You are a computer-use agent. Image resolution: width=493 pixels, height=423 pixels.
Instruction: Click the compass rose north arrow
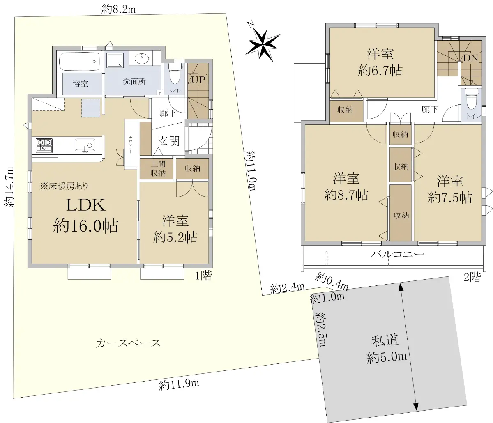pyautogui.click(x=263, y=44)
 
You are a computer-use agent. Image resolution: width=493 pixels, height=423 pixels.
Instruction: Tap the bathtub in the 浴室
pyautogui.click(x=79, y=61)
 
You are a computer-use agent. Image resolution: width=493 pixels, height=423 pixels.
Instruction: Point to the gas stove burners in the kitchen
pyautogui.click(x=44, y=145)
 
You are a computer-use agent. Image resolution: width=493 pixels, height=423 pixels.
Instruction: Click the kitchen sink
pyautogui.click(x=85, y=145)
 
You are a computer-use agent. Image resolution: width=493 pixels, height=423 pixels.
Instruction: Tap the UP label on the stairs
pyautogui.click(x=198, y=80)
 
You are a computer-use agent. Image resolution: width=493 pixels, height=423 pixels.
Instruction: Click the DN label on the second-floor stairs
pyautogui.click(x=470, y=58)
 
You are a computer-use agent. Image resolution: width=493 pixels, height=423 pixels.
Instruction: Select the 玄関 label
pyautogui.click(x=168, y=141)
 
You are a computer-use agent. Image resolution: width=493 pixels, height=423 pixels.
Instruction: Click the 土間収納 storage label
pyautogui.click(x=158, y=168)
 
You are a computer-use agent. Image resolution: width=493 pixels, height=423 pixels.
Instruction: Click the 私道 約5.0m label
pyautogui.click(x=386, y=348)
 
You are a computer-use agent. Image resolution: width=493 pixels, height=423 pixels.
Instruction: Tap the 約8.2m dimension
pyautogui.click(x=119, y=9)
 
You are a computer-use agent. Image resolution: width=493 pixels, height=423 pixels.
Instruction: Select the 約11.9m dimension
pyautogui.click(x=179, y=384)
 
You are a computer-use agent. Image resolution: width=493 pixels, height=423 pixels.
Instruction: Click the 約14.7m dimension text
pyautogui.click(x=9, y=186)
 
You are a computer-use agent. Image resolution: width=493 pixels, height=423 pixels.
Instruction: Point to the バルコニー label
pyautogui.click(x=398, y=254)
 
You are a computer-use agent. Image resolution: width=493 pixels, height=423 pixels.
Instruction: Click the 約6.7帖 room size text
pyautogui.click(x=380, y=70)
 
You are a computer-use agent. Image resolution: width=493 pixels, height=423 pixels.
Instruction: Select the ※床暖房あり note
pyautogui.click(x=64, y=186)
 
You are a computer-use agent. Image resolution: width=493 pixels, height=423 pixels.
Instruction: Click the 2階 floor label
pyautogui.click(x=472, y=277)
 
